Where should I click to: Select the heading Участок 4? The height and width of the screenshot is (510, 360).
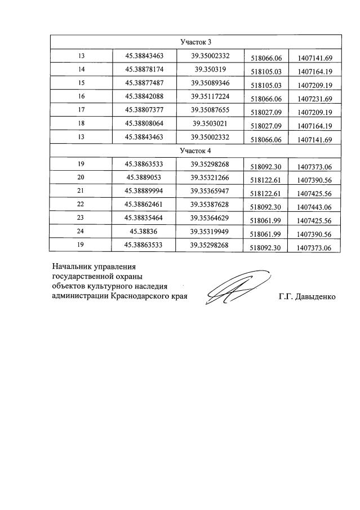(195, 151)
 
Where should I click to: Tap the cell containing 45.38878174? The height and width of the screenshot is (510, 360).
(144, 70)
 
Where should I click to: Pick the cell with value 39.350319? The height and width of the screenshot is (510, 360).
(210, 70)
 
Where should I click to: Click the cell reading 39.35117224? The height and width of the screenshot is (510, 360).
(210, 97)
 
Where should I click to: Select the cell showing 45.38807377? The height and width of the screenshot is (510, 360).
(144, 110)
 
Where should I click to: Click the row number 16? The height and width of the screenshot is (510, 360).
(81, 97)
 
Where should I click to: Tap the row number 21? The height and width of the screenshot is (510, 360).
(81, 192)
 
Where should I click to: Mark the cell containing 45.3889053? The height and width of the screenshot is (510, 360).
(144, 178)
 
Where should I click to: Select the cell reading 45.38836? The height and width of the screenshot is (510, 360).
(144, 232)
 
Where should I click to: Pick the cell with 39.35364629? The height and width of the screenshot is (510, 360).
(210, 219)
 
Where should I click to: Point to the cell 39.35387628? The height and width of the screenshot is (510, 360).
(210, 205)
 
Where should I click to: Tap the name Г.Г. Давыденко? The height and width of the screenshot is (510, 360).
(307, 296)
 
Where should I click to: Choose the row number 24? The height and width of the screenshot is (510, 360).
(81, 232)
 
